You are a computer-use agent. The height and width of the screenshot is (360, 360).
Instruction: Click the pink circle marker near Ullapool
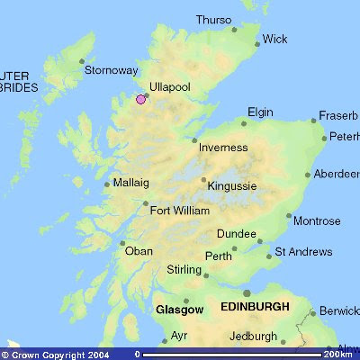[140, 100]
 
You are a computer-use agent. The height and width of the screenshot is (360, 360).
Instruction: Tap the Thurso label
[213, 20]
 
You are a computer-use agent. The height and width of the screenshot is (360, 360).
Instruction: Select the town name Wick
[275, 39]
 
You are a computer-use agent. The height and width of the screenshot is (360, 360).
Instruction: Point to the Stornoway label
[111, 69]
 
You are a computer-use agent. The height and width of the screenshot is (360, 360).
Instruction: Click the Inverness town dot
[194, 139]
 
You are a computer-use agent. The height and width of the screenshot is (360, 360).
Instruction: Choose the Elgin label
[260, 112]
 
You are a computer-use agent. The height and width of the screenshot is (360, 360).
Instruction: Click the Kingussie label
[232, 186]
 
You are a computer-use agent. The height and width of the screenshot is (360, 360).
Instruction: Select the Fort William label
[179, 211]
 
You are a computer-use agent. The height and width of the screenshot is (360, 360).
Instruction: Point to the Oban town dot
[122, 242]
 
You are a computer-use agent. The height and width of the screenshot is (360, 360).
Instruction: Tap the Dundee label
[237, 234]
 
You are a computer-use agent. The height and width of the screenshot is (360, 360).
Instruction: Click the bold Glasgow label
[180, 309]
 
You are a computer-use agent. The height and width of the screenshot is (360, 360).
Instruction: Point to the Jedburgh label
[253, 336]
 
